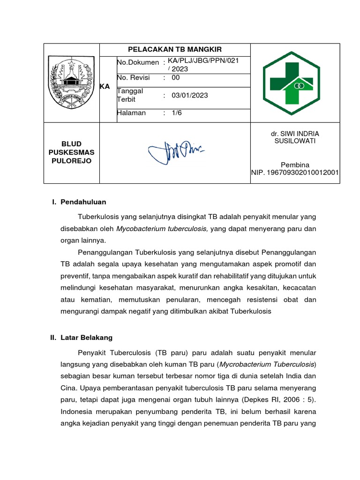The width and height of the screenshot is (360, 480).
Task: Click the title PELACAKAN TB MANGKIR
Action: (175, 50)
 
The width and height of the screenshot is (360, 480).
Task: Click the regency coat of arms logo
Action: (71, 82)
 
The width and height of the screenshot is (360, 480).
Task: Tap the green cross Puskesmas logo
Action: (291, 82)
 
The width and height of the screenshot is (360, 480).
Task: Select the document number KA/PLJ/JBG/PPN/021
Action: (206, 62)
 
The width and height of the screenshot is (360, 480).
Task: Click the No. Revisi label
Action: (133, 78)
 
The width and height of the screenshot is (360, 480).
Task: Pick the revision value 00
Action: (176, 78)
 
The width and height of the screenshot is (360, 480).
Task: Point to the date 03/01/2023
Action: (189, 96)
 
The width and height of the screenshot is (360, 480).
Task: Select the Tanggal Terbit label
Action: (130, 95)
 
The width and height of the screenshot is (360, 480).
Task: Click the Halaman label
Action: (131, 113)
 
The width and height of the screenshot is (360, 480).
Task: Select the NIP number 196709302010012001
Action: (295, 173)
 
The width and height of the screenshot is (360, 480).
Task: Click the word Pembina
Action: (295, 165)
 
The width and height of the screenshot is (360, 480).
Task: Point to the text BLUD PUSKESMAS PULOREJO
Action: (71, 152)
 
